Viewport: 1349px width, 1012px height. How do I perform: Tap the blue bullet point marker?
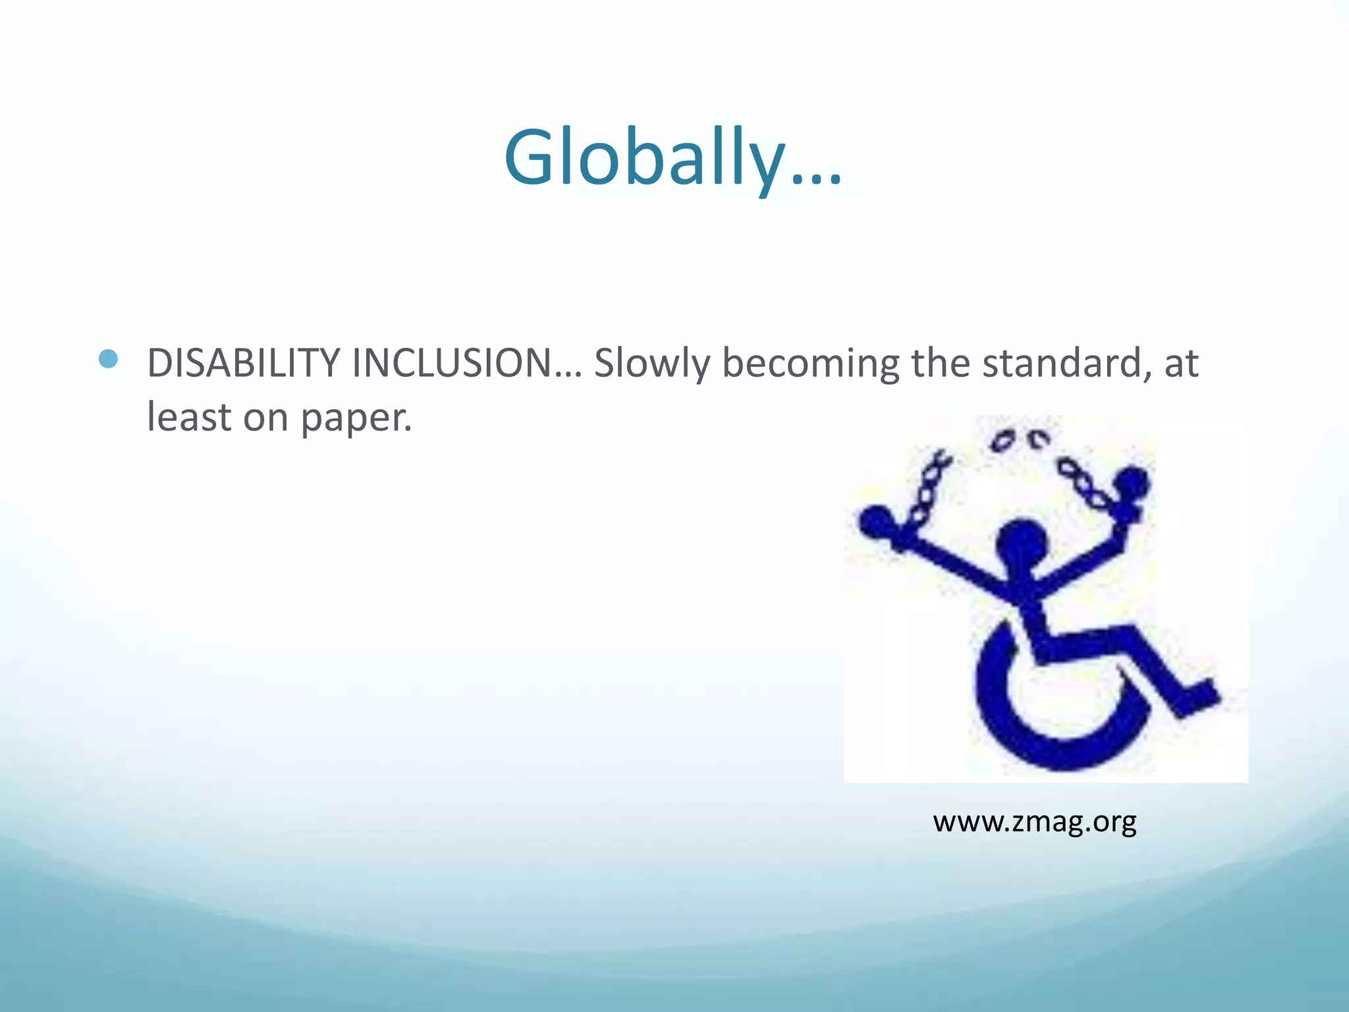pyautogui.click(x=107, y=359)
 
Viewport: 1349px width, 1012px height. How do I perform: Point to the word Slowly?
pyautogui.click(x=651, y=364)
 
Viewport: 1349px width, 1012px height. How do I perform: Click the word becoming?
pyautogui.click(x=810, y=364)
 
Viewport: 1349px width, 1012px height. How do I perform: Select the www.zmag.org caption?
pyautogui.click(x=1034, y=822)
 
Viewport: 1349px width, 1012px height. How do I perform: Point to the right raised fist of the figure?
pyautogui.click(x=1132, y=486)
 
